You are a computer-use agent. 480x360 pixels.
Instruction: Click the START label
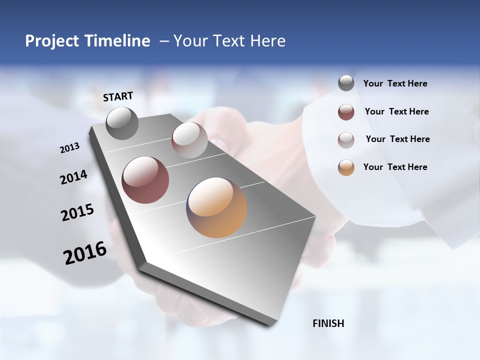[x=118, y=96]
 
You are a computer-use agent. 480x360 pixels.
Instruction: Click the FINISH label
[x=328, y=323]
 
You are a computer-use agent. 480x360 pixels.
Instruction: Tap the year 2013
[x=70, y=148]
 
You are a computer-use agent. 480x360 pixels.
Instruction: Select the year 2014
[x=73, y=177]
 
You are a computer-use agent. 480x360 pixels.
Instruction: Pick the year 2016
[x=85, y=253]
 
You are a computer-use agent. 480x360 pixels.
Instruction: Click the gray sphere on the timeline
[x=122, y=123]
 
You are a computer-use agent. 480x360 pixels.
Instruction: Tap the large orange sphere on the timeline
[x=216, y=207]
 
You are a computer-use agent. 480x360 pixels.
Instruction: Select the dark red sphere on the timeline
[x=145, y=180]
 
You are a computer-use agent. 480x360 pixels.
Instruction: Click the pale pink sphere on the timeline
[x=189, y=140]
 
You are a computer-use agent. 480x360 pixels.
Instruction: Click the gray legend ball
[x=346, y=83]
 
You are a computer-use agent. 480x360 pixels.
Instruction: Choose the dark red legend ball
[x=346, y=112]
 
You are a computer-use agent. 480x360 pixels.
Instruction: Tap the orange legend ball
[x=346, y=167]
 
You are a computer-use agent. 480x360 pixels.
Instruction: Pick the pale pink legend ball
[x=346, y=139]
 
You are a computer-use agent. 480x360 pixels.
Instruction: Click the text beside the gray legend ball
[x=395, y=84]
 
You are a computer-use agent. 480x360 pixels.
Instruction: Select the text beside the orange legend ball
[x=395, y=167]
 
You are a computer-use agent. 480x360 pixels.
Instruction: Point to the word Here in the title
[x=268, y=41]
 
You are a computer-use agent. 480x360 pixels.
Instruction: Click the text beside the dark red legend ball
[x=396, y=111]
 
